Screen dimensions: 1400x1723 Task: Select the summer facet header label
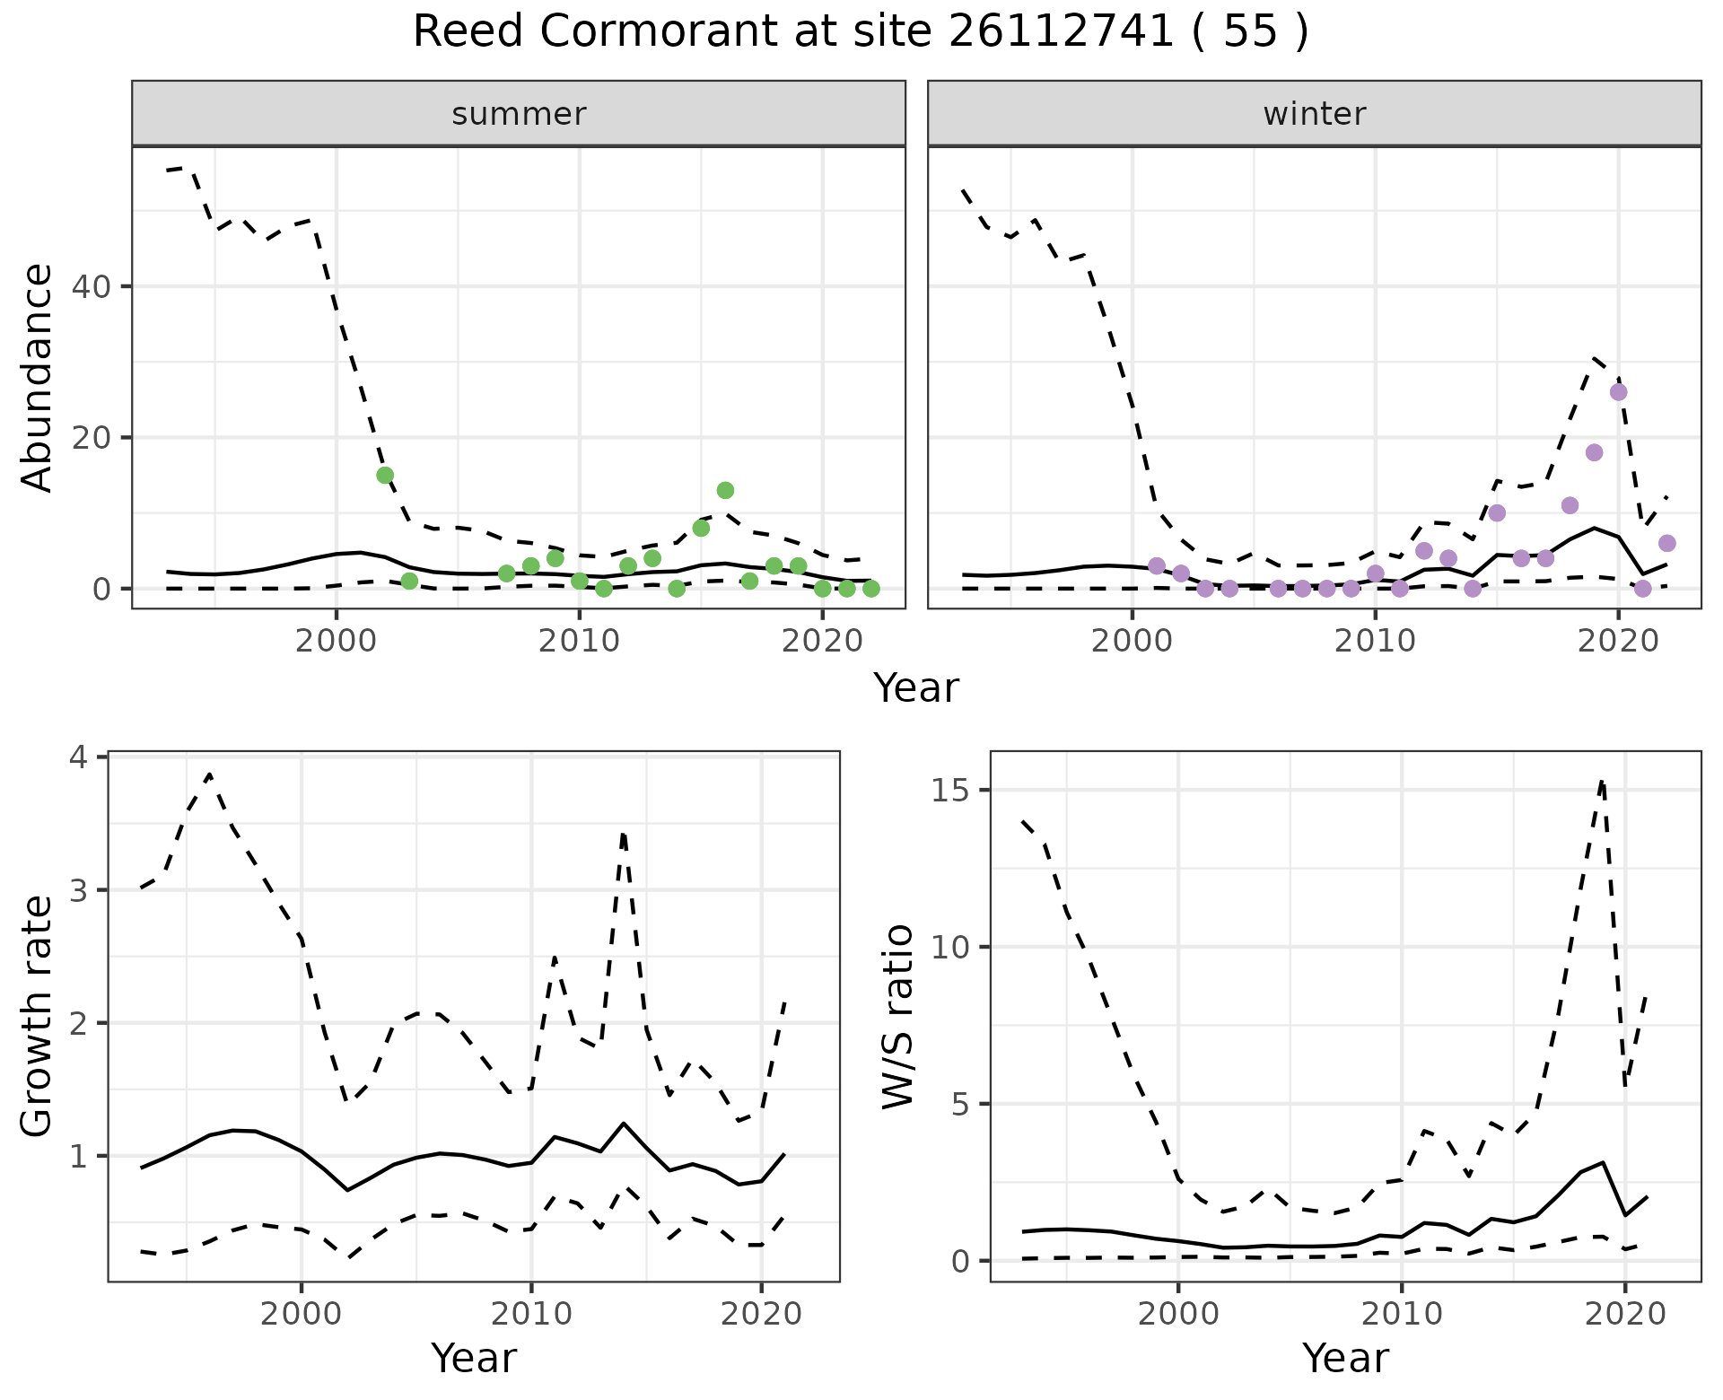(519, 114)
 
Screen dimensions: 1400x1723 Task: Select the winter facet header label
(1314, 114)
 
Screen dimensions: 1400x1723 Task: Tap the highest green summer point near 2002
(385, 475)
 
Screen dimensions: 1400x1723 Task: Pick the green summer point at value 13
(725, 490)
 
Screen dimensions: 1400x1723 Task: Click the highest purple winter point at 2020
(1618, 392)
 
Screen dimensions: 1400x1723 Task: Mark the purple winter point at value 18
(1594, 452)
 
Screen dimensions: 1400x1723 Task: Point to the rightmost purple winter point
(1667, 543)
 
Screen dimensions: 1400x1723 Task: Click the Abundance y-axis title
(38, 378)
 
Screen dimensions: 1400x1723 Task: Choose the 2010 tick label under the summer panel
(579, 642)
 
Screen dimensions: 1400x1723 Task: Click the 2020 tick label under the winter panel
(1618, 642)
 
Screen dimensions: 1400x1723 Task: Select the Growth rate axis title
(38, 1016)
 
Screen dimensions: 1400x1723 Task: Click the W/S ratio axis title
(898, 1016)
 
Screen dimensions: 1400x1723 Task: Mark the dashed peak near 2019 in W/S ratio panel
(1602, 782)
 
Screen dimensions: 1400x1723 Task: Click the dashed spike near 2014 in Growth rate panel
(623, 835)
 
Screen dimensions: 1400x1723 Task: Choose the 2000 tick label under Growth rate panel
(301, 1314)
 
